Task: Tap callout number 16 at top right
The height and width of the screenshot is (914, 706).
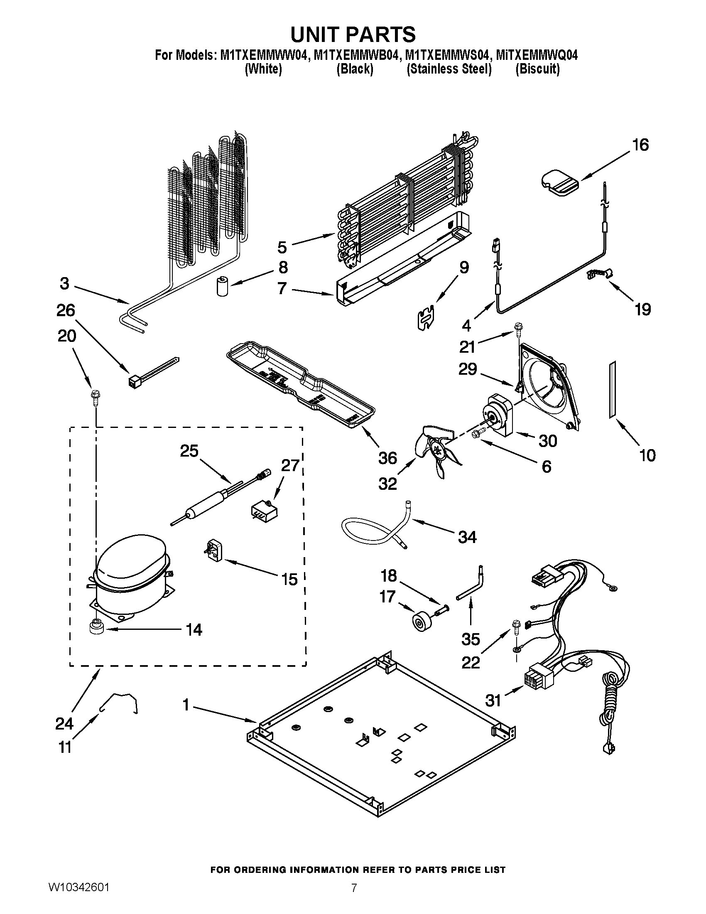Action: [x=640, y=145]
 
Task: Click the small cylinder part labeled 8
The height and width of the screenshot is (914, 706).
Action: [x=222, y=286]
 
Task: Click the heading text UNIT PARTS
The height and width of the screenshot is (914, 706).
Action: [x=353, y=34]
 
